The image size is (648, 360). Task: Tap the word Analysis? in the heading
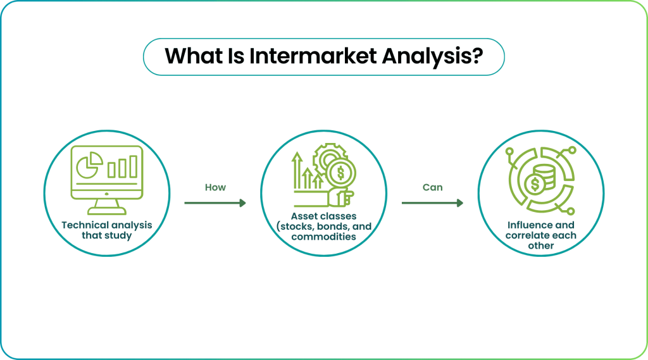click(x=433, y=56)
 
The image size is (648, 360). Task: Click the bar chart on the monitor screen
click(x=123, y=167)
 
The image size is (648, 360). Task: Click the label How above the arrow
click(x=215, y=188)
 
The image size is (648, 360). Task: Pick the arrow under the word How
click(x=215, y=203)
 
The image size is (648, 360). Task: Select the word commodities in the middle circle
click(x=323, y=237)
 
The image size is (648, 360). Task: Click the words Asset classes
click(x=323, y=216)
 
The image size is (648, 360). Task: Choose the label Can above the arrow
click(x=432, y=188)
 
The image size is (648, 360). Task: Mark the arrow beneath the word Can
click(x=432, y=203)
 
